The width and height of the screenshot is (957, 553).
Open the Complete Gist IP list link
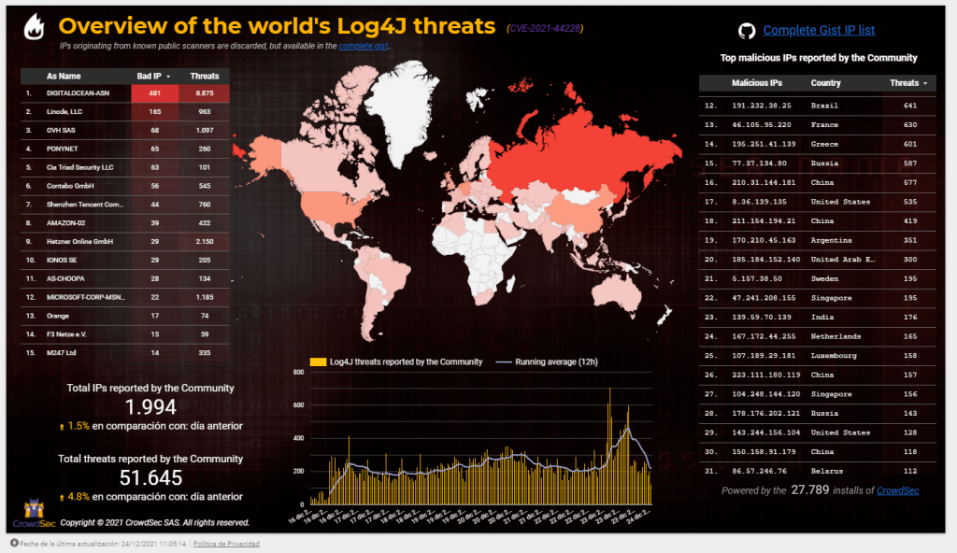coord(819,31)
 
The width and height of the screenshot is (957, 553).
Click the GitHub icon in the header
coord(747,31)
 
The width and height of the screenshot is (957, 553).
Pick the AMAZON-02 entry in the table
coord(65,222)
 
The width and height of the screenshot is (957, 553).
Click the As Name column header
coord(64,76)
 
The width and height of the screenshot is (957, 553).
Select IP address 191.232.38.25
coord(762,106)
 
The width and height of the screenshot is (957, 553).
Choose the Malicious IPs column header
coord(757,83)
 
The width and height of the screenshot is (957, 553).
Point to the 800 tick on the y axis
coord(299,372)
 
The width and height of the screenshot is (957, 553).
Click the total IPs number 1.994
coord(150,407)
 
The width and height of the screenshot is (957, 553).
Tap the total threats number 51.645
coord(150,477)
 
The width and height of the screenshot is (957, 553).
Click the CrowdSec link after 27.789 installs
coord(897,490)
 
